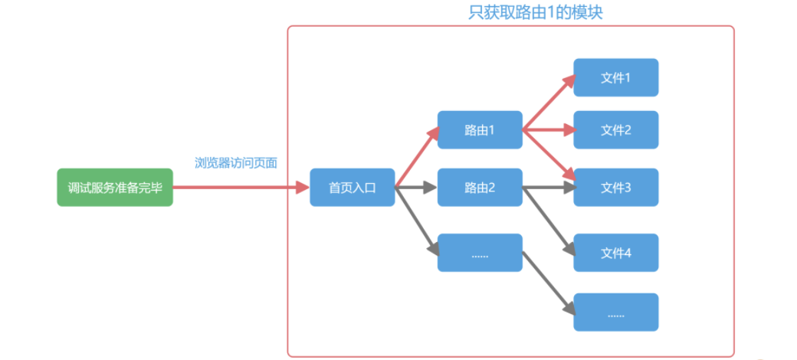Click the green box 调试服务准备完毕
115,188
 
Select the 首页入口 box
352,188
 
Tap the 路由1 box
480,130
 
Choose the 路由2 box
480,188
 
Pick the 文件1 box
615,77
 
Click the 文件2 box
615,130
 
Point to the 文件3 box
615,188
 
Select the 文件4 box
615,253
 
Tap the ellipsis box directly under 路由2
480,253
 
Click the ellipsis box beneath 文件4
615,313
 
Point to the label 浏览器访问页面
236,162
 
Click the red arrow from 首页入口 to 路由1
418,158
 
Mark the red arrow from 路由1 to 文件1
549,103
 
